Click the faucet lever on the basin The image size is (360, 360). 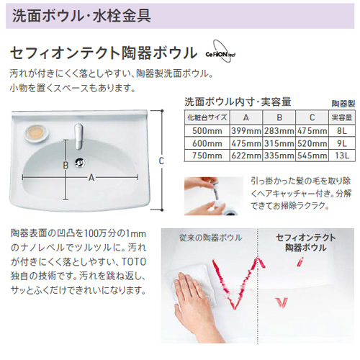[78, 136]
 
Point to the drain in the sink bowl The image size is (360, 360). [79, 163]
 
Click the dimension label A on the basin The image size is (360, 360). [91, 178]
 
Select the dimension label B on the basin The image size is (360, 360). [66, 166]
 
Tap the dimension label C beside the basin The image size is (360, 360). [161, 161]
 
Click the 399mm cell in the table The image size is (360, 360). [246, 131]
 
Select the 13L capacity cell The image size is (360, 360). [342, 156]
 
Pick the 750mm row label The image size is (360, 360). [207, 156]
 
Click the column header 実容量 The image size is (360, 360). [342, 117]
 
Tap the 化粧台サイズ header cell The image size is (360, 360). [207, 117]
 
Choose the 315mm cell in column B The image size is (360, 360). [279, 143]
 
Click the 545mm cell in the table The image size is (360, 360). [312, 156]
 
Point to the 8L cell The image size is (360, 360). [342, 131]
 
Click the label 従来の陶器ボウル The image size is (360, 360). [210, 238]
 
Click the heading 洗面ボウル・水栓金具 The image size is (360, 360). [81, 16]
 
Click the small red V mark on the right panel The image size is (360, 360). [282, 302]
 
